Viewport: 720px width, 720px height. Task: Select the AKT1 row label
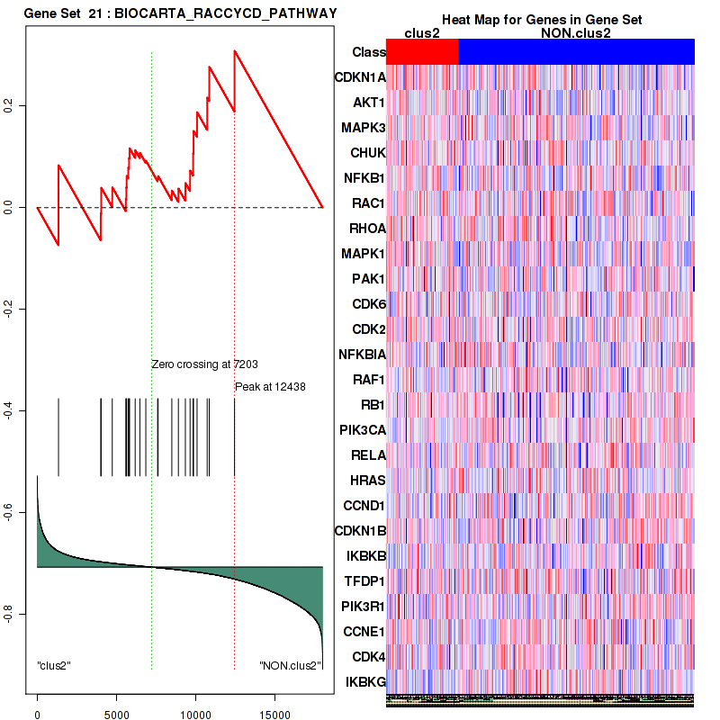tap(369, 103)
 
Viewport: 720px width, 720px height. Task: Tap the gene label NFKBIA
tap(362, 354)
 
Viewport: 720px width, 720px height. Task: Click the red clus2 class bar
tap(422, 52)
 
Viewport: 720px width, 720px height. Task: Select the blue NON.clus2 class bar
tap(576, 52)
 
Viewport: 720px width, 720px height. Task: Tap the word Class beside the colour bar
tap(369, 52)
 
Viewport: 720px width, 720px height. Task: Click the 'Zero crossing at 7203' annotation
tap(204, 364)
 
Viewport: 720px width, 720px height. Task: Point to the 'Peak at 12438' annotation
tap(270, 387)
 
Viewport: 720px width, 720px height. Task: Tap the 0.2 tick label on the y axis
tap(11, 105)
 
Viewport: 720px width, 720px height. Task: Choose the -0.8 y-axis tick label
tap(11, 614)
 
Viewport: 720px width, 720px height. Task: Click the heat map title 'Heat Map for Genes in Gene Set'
tap(541, 20)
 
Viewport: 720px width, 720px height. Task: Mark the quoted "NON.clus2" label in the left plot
tap(290, 665)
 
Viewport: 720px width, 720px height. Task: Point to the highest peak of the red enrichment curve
tap(234, 50)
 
